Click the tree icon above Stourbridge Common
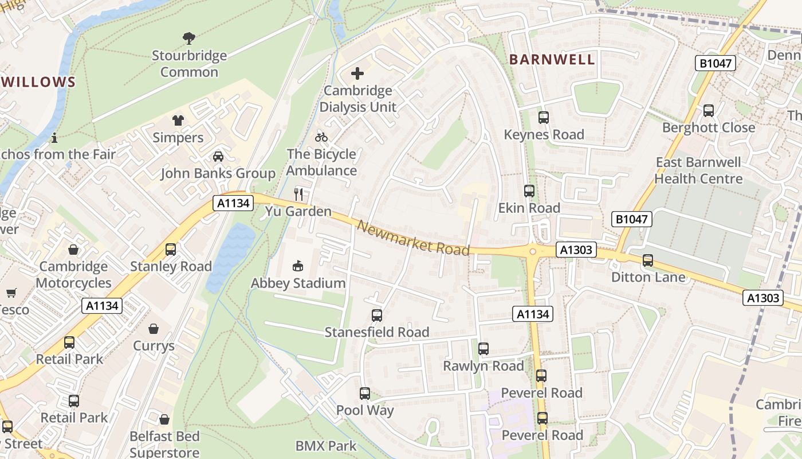(x=188, y=38)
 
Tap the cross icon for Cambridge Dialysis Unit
(x=357, y=73)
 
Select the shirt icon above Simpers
(x=178, y=120)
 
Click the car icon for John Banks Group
(x=218, y=156)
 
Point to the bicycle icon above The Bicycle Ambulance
(x=321, y=137)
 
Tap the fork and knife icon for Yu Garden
(x=298, y=194)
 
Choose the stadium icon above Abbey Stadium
(x=298, y=266)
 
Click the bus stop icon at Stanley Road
(x=171, y=249)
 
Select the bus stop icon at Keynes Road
(x=544, y=118)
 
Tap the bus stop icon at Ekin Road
(x=529, y=191)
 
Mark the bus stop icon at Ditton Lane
(x=648, y=260)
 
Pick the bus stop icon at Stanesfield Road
(x=376, y=315)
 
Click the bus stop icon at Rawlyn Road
(x=483, y=348)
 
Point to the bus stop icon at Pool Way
(x=365, y=394)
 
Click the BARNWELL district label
(x=552, y=60)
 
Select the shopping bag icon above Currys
(x=154, y=329)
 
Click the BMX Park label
(x=325, y=446)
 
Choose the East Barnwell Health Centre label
(x=698, y=170)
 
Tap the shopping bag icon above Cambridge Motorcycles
(x=73, y=250)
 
